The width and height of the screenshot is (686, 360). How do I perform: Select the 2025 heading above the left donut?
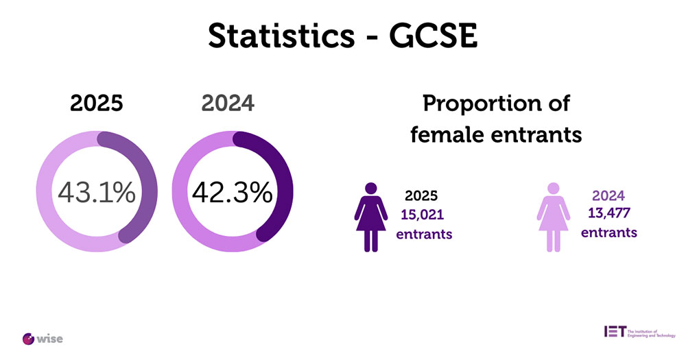[96, 104]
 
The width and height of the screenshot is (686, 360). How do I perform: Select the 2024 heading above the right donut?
[228, 104]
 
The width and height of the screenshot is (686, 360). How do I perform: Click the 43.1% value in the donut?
[96, 193]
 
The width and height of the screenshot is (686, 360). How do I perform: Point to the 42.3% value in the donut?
[232, 193]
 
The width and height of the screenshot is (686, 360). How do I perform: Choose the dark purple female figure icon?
[370, 217]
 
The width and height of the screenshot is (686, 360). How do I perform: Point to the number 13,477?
[609, 212]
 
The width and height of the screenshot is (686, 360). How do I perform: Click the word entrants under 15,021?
[425, 234]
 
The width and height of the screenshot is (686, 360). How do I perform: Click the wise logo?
[43, 338]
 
